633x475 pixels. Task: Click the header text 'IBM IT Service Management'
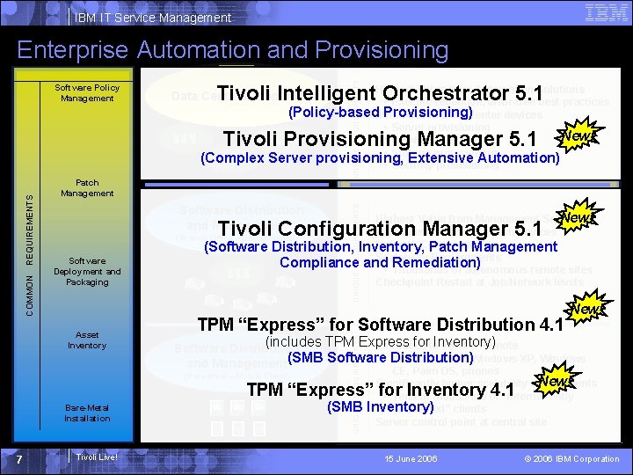(x=153, y=18)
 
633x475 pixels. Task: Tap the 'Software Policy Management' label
(x=87, y=93)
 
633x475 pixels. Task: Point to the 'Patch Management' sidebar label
(x=87, y=188)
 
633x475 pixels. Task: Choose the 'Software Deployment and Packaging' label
(x=87, y=272)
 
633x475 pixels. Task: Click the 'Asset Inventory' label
(x=87, y=340)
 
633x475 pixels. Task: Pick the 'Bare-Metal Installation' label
(x=87, y=413)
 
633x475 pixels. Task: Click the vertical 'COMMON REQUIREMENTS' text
(x=29, y=245)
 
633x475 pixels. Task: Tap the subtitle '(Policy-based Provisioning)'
(x=381, y=113)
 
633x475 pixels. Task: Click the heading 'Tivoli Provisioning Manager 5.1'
(x=380, y=139)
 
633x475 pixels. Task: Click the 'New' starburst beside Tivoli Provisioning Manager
(x=576, y=136)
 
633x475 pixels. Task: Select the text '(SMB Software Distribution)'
(x=381, y=357)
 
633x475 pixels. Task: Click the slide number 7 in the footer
(x=30, y=459)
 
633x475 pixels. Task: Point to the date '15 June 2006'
(x=411, y=459)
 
